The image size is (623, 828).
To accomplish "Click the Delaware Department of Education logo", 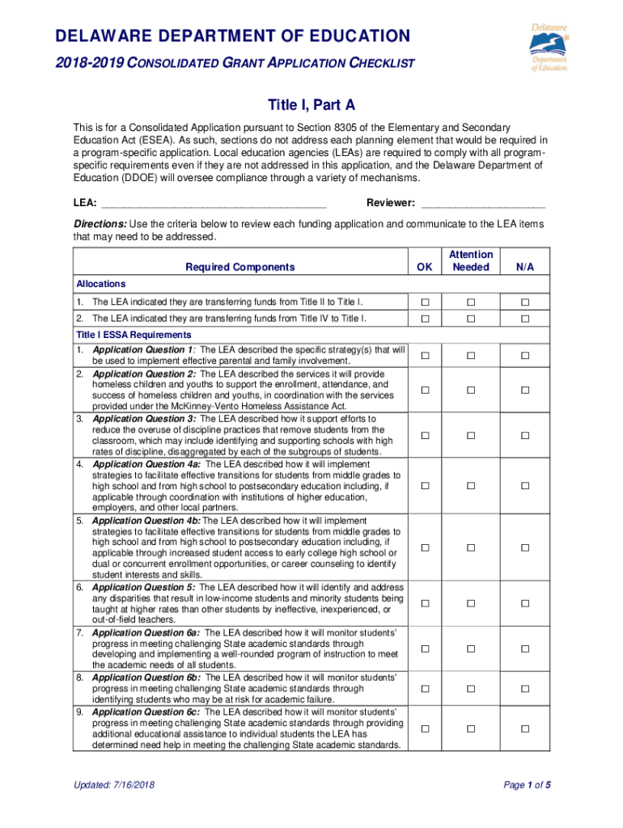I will (549, 48).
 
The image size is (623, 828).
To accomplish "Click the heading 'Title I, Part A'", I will (311, 106).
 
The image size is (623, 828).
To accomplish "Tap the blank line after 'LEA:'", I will (213, 203).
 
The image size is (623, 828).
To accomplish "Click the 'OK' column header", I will (424, 267).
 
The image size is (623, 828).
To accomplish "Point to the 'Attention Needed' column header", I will (471, 260).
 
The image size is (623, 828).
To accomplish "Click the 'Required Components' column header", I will (240, 267).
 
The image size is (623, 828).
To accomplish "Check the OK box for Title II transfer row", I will (424, 302).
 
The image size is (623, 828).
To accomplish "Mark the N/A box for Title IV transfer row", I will (524, 319).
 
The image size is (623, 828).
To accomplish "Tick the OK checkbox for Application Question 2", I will (424, 391).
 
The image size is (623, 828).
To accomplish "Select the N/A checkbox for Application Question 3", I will (524, 436).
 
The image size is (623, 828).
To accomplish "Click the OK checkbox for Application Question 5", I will (424, 603).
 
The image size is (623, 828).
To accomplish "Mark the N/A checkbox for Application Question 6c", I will (524, 729).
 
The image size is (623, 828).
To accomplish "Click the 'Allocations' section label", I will (101, 284).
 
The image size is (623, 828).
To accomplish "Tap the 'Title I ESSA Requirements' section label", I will (133, 335).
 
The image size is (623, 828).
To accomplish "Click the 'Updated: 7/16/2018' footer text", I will (114, 785).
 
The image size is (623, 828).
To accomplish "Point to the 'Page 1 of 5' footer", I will (527, 785).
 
